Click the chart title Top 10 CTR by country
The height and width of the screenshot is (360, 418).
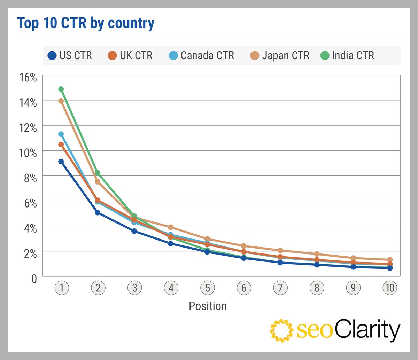(x=86, y=23)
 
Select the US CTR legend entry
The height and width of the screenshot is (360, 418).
(x=69, y=55)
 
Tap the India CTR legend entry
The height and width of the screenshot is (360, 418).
(x=347, y=55)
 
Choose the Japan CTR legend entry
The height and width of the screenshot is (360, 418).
(x=280, y=55)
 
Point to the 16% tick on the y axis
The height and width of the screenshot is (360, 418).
(x=28, y=78)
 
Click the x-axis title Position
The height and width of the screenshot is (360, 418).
(x=208, y=306)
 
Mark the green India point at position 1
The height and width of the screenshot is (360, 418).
(x=61, y=89)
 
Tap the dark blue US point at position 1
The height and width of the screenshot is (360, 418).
(x=61, y=162)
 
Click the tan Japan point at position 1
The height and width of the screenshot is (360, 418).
(x=61, y=101)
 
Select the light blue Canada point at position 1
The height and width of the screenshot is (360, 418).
(x=61, y=134)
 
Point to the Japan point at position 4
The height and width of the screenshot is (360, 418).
(x=171, y=227)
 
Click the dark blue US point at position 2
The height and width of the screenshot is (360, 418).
(x=98, y=212)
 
